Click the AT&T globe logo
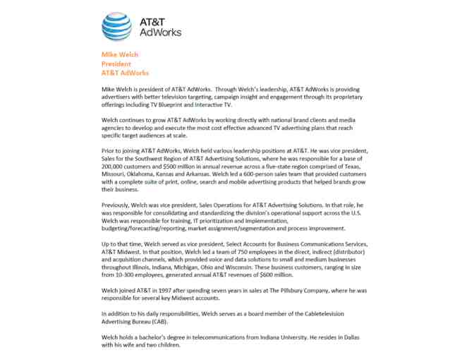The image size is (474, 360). (116, 27)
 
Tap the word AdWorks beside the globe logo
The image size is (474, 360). (162, 32)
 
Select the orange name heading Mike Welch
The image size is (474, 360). (120, 55)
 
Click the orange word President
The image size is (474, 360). (116, 64)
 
